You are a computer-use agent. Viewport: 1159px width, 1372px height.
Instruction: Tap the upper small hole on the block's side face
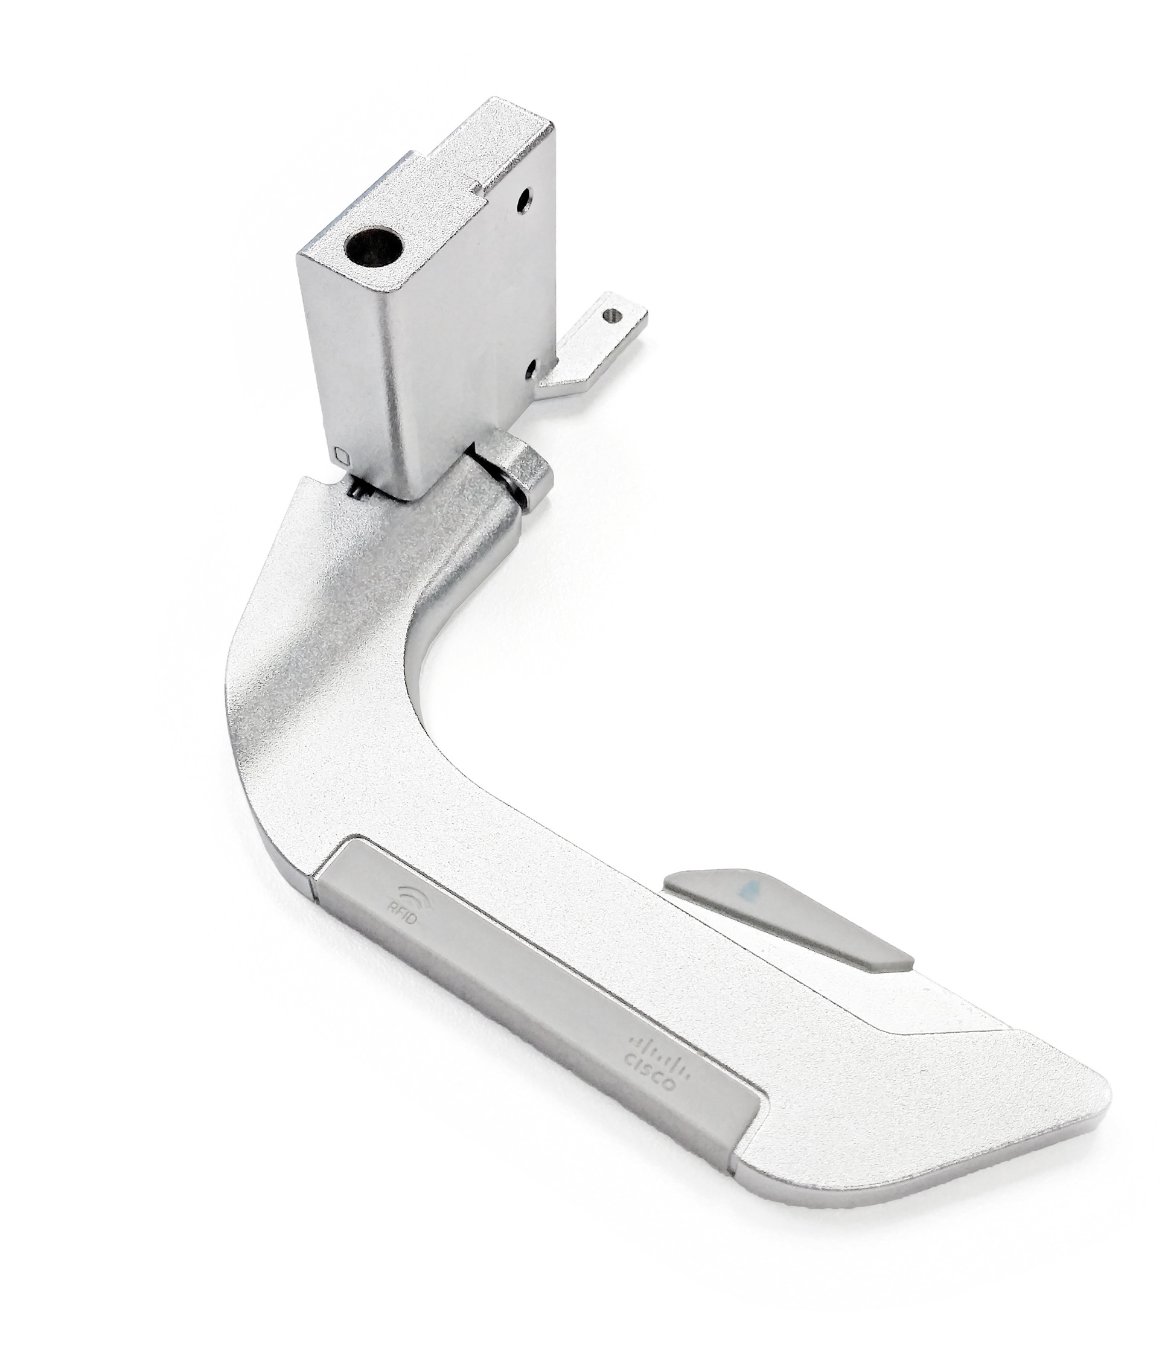tap(523, 202)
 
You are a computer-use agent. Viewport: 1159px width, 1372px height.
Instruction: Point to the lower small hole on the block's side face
tap(533, 370)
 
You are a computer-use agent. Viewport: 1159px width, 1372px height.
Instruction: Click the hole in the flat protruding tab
tap(615, 316)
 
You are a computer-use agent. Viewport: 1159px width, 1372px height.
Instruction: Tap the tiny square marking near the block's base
tap(340, 453)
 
